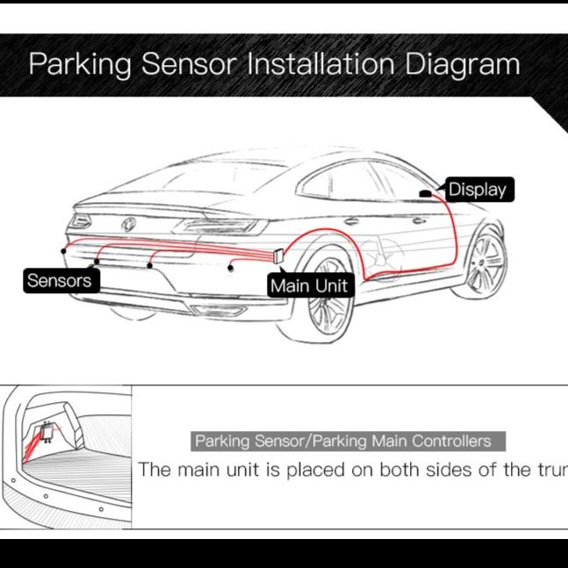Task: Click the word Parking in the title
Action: (x=80, y=64)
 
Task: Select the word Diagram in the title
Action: (x=463, y=65)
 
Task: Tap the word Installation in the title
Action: (x=320, y=63)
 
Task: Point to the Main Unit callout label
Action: (x=311, y=285)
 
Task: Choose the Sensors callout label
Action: (x=61, y=280)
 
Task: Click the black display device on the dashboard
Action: (x=425, y=193)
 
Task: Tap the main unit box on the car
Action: (x=278, y=255)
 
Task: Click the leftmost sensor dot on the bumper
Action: (x=63, y=251)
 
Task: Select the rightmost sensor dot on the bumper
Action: (x=230, y=268)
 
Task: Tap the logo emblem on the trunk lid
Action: (x=128, y=225)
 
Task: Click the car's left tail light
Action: (x=81, y=221)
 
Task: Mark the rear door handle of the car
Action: (x=351, y=221)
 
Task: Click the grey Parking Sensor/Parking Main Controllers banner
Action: (x=348, y=441)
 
